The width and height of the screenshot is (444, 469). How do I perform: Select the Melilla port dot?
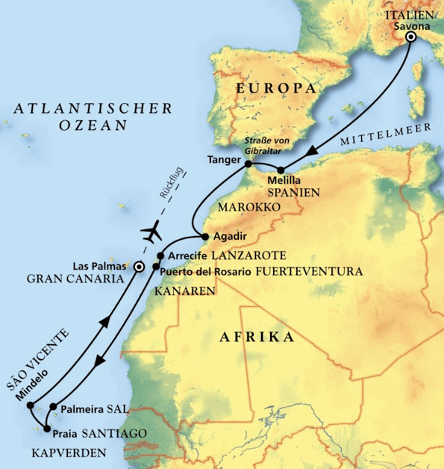coord(280,170)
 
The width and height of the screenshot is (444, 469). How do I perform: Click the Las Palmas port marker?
coord(138,264)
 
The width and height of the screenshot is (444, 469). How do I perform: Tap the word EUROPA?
coord(272,89)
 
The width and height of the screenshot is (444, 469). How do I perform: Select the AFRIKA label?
coord(257,338)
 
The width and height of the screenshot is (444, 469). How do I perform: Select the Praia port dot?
coord(47,429)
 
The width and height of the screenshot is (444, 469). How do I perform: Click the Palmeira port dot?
coord(53,408)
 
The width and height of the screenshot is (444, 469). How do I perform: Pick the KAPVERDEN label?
coord(69,453)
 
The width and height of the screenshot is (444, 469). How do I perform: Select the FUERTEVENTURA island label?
coord(309,272)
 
